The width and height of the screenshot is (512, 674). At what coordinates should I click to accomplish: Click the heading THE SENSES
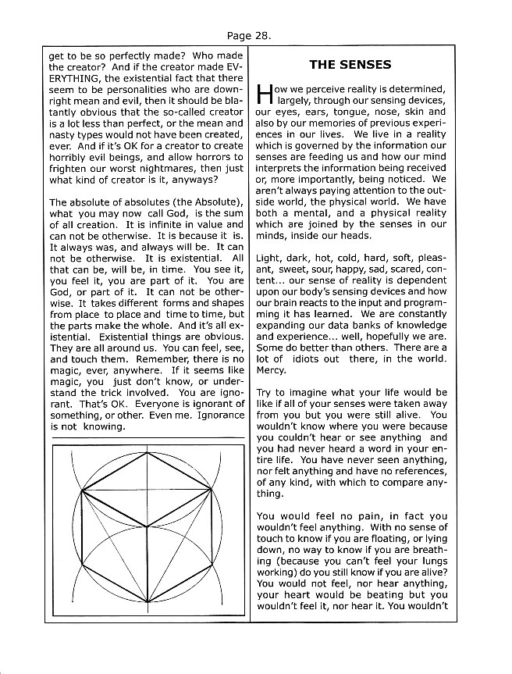(x=350, y=64)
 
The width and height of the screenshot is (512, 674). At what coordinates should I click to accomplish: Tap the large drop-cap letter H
(x=265, y=95)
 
